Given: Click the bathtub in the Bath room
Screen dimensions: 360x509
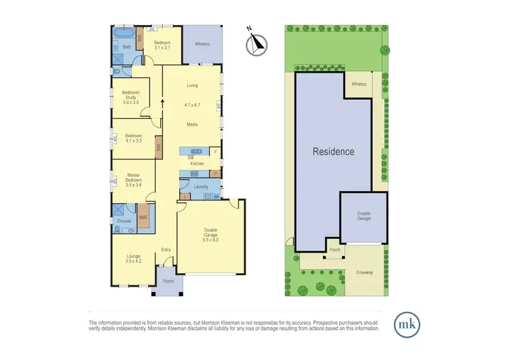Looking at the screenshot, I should coord(124,33).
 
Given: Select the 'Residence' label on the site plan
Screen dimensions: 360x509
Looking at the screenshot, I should coord(333,151).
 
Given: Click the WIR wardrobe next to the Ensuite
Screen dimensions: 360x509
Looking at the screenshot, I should coord(143,217).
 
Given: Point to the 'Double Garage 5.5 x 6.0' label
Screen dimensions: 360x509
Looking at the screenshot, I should coord(210,236).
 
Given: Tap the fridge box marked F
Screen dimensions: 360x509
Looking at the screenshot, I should coord(215,151).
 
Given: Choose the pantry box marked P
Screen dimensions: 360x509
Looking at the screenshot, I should coord(215,174).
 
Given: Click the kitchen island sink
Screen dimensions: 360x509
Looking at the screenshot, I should coord(197,151).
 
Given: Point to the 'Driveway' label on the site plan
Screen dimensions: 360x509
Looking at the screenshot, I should coord(364,272).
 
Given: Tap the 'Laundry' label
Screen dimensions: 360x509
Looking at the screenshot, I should coord(200,186).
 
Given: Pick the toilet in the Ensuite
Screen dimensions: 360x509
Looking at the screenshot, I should coord(117,230).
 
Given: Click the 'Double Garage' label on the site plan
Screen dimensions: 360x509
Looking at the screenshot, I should coord(364,216).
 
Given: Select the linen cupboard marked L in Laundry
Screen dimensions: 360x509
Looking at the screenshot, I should coord(185,196).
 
